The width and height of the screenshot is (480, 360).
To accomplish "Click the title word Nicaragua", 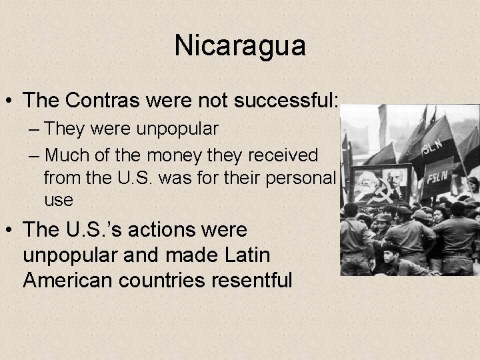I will pos(240,46).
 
